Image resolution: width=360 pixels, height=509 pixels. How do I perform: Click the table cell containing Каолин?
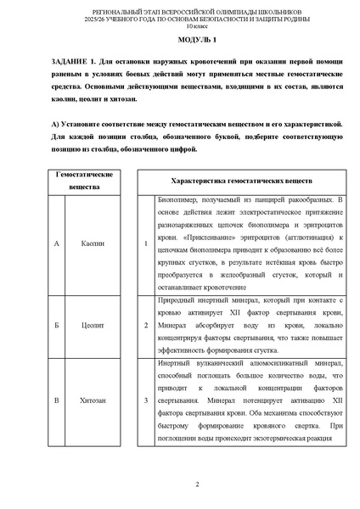[x=93, y=243]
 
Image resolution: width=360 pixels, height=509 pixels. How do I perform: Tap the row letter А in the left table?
[x=55, y=243]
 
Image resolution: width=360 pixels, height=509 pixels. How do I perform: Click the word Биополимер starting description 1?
[x=178, y=200]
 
